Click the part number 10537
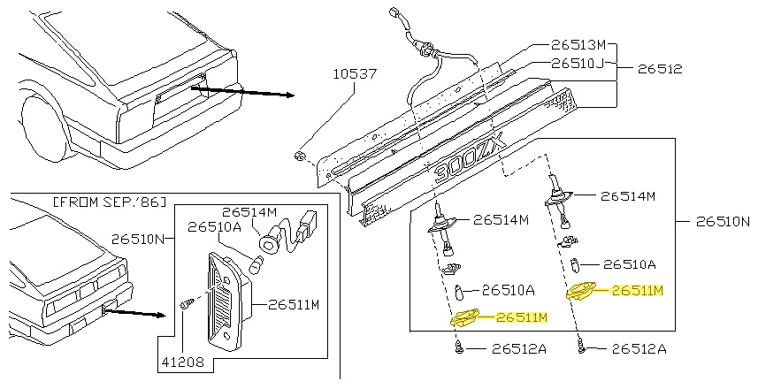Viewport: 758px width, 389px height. click(355, 74)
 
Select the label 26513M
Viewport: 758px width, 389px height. click(578, 45)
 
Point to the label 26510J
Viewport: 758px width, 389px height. click(578, 64)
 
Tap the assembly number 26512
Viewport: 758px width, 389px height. click(660, 69)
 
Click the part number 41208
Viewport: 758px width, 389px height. click(183, 362)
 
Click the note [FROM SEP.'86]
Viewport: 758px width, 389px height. click(109, 202)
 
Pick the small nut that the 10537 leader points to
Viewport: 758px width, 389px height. click(300, 156)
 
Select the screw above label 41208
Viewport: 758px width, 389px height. click(186, 304)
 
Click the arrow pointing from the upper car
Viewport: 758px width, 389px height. click(242, 92)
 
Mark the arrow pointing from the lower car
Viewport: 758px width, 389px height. click(134, 313)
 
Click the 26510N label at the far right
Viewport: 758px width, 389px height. click(724, 221)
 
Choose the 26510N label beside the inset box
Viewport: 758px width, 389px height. click(138, 239)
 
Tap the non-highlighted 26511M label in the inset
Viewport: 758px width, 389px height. click(294, 305)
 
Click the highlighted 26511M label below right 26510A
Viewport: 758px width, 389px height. click(638, 290)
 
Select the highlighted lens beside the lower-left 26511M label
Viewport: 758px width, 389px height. click(464, 317)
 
